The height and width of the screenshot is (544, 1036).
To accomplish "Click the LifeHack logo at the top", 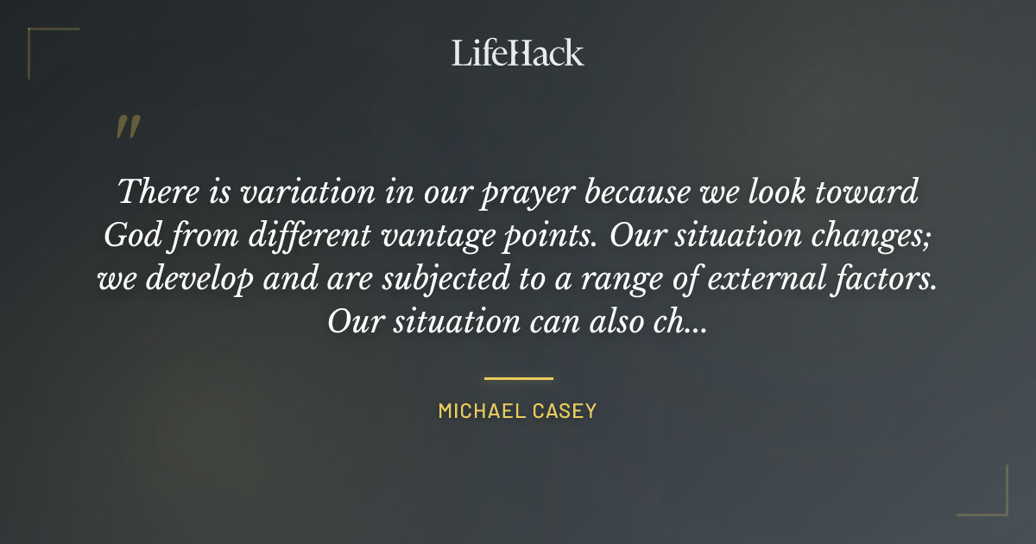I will click(518, 53).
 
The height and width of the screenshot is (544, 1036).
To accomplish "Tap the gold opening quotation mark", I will click(128, 128).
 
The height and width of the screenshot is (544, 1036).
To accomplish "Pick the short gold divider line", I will click(518, 378).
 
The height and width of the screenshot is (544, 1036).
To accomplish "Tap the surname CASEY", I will click(565, 411).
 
